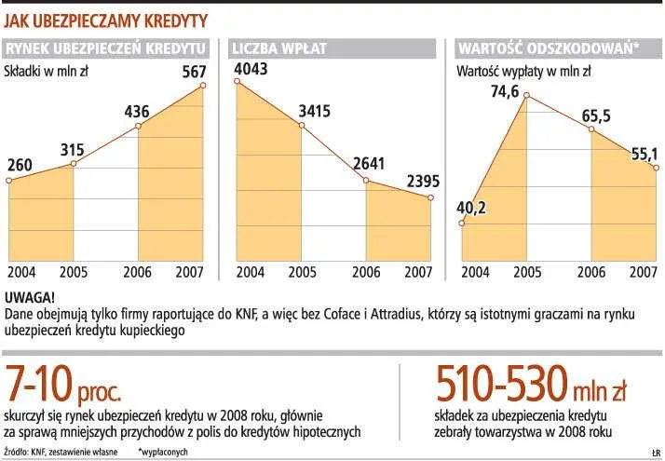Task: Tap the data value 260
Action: tap(20, 165)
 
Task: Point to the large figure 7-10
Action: tap(42, 383)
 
